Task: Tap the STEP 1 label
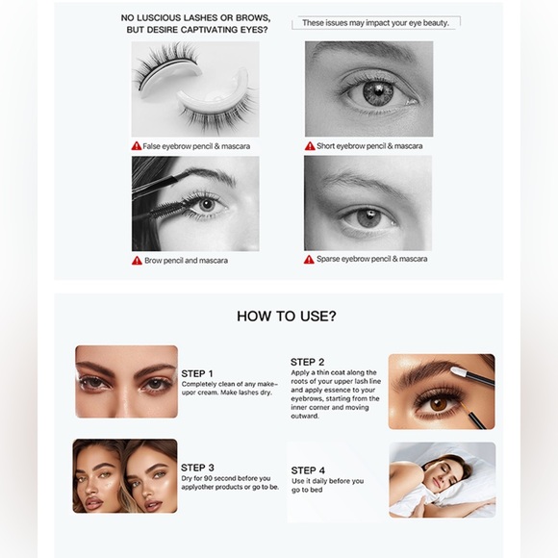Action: (x=197, y=373)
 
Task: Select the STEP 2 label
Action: (x=307, y=362)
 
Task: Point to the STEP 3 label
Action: (x=197, y=468)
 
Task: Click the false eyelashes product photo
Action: (x=195, y=89)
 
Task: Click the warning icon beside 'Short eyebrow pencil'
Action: (x=310, y=146)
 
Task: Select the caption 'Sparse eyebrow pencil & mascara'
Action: (x=371, y=259)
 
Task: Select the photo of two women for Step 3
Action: (x=125, y=475)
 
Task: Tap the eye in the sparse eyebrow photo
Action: (x=370, y=216)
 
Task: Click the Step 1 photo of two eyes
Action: (x=126, y=381)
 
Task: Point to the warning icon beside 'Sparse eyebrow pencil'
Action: (x=310, y=260)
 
